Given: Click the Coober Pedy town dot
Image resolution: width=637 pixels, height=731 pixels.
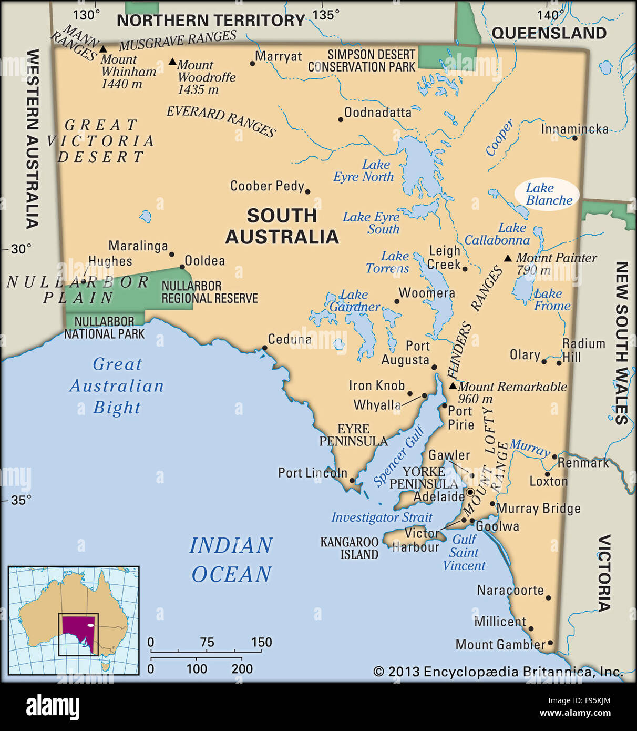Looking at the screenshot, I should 307,192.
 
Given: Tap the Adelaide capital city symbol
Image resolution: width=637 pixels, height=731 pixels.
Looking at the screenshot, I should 471,492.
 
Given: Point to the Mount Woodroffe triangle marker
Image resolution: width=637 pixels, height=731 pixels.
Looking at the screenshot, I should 172,62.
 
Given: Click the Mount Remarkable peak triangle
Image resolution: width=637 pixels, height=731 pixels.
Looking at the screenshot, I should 453,385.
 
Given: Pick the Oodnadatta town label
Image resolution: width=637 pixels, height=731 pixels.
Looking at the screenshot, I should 377,113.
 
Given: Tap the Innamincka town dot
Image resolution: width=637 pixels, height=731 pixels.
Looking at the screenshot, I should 574,138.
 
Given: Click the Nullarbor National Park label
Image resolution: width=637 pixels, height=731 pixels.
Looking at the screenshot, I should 104,328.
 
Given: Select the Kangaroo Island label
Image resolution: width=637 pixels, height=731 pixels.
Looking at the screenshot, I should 350,548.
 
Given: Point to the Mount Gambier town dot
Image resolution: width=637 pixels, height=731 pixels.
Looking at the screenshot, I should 550,643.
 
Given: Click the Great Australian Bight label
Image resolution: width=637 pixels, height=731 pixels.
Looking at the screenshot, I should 117,386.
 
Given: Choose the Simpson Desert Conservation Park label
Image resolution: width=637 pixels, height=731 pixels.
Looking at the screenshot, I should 363,61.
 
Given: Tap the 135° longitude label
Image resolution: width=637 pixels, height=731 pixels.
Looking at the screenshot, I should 326,15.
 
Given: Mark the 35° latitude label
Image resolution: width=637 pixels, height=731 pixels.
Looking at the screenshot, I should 21,500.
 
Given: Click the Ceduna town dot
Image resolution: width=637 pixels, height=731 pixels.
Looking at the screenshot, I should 264,348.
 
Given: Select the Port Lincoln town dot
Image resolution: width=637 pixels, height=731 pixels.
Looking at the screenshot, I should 352,480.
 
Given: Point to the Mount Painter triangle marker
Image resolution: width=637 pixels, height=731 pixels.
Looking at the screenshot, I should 508,258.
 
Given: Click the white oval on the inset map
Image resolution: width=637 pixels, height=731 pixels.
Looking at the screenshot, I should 90,625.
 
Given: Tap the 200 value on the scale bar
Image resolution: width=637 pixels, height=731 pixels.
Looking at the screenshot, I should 242,669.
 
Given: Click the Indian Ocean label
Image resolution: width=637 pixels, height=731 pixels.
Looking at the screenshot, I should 231,560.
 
